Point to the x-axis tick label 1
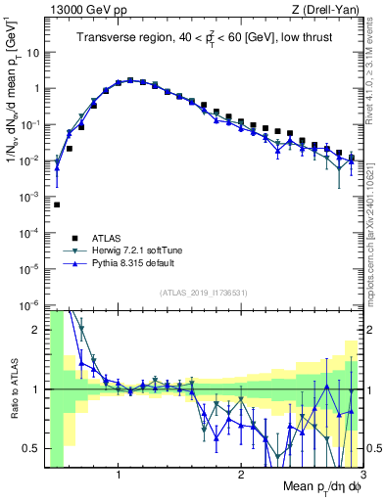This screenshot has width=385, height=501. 119,477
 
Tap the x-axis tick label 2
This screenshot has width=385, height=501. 240,477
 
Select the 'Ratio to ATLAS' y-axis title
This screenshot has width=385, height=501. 13,390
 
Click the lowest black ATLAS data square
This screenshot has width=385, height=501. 57,205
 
